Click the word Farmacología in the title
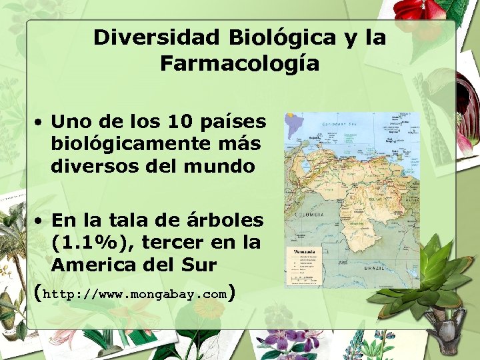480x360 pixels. click(239, 65)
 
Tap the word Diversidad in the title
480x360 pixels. click(157, 37)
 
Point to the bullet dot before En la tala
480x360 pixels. click(41, 221)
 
